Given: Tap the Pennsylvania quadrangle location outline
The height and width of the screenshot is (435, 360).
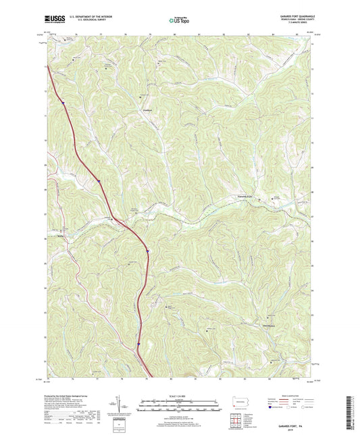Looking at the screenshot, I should click(x=242, y=402).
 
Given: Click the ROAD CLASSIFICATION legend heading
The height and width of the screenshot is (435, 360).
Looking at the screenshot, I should click(x=295, y=394).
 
